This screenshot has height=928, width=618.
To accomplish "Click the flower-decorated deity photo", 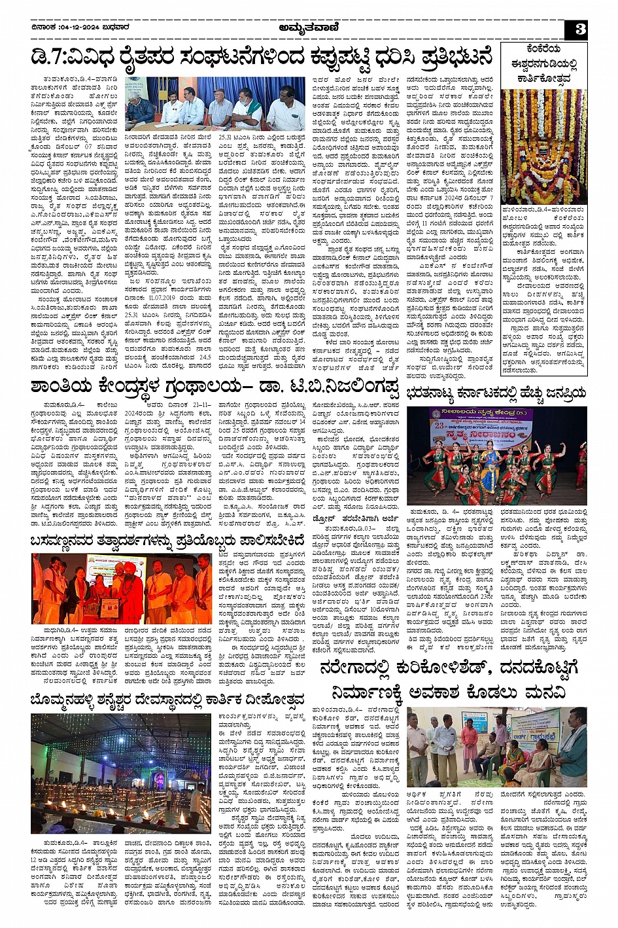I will tap(543, 147).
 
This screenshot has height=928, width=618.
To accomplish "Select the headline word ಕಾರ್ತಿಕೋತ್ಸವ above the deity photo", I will tap(543, 79).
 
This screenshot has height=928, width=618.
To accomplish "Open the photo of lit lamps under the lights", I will tap(121, 773).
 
